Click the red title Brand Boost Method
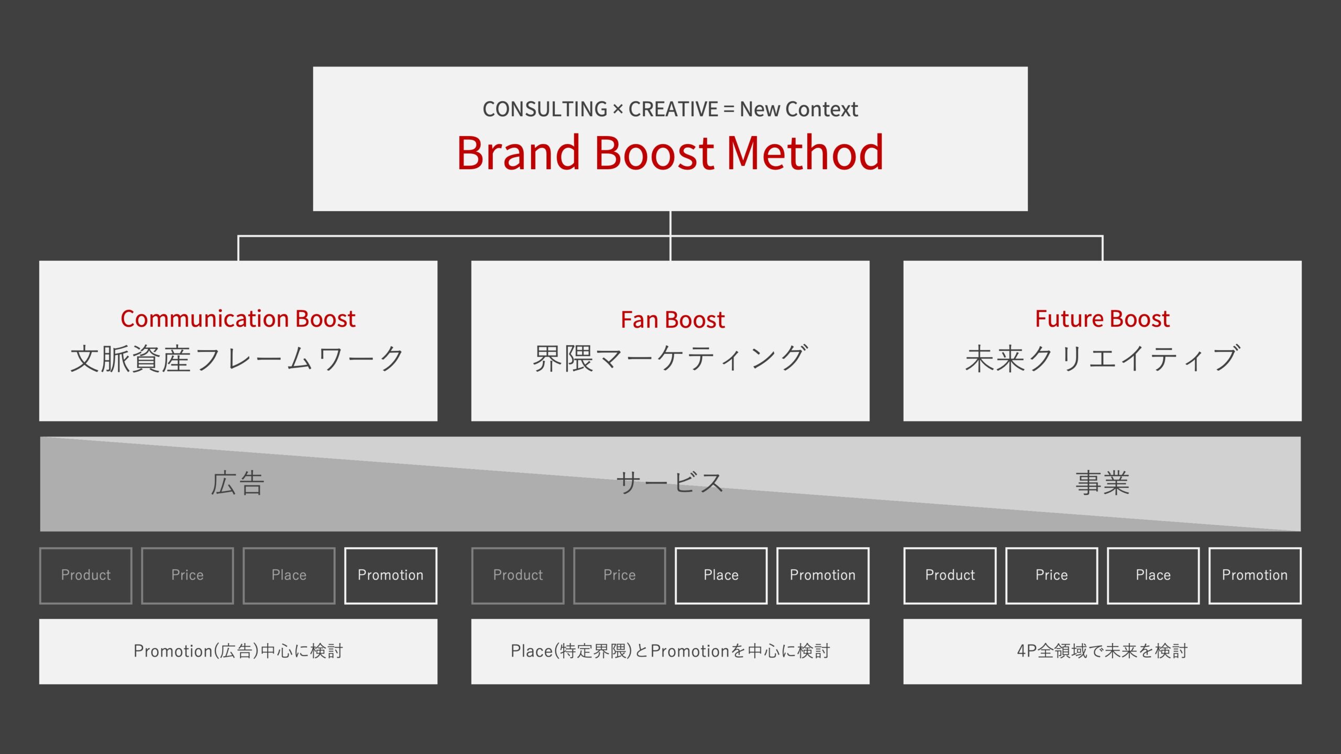coord(670,152)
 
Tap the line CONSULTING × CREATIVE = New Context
coord(670,109)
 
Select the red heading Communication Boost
coord(238,318)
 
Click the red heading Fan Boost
coord(673,319)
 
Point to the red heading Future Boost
coord(1102,318)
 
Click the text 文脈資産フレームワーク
coord(238,359)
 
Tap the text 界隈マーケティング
coord(670,359)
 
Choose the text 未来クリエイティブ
coord(1103,359)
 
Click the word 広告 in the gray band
coord(238,483)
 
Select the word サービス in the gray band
coord(670,483)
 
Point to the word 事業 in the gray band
coord(1103,483)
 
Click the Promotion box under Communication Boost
coord(391,575)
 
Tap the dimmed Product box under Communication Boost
coord(86,575)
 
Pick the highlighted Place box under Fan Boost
coord(721,575)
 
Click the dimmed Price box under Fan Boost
coord(620,575)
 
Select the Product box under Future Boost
coord(950,575)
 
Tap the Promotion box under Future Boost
coord(1255,575)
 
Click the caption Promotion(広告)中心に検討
coord(238,651)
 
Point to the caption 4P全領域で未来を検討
coord(1103,651)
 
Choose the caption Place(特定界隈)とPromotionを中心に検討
coord(670,651)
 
